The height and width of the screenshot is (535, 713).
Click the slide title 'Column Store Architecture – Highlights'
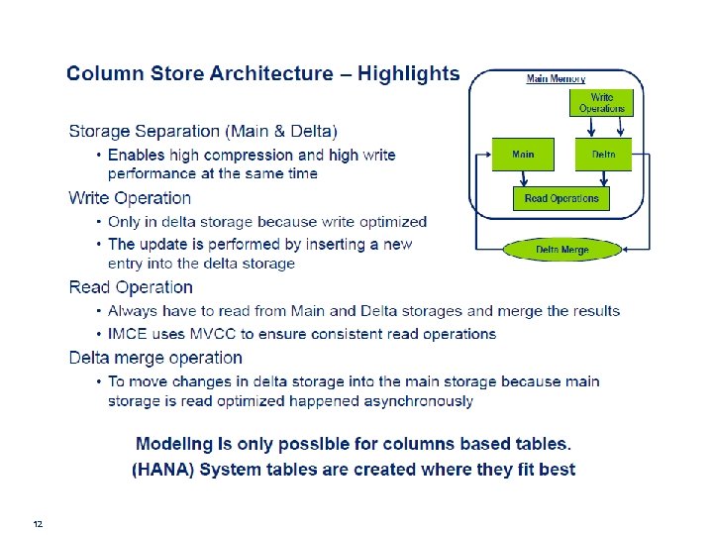[262, 74]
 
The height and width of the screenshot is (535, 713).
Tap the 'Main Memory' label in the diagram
[556, 79]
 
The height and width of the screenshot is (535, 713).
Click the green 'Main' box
[523, 156]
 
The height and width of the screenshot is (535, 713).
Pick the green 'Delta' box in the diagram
[603, 156]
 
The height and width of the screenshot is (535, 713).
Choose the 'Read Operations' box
[561, 198]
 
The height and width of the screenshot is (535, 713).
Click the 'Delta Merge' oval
[561, 250]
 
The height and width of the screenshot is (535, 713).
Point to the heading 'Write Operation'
[130, 198]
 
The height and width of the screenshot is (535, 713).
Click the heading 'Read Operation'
[131, 287]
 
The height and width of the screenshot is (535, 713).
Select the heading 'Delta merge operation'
[155, 358]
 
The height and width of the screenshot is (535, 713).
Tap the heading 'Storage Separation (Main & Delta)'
[203, 131]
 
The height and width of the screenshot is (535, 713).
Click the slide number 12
[38, 523]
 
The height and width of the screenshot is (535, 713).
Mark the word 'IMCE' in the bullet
[127, 334]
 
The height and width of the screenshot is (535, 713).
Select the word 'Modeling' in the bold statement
[175, 445]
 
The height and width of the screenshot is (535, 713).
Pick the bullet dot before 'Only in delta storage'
[99, 222]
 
